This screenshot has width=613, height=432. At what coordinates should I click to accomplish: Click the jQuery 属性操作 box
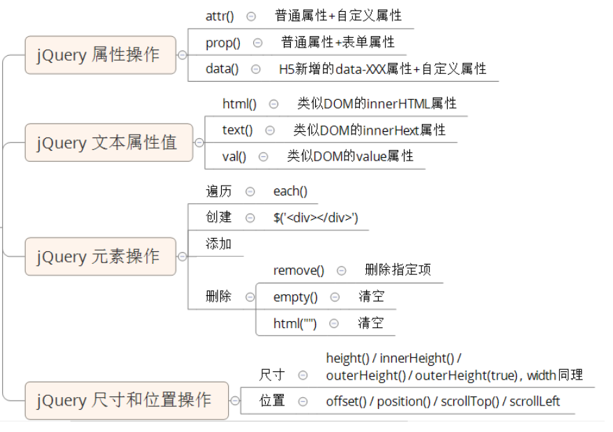pyautogui.click(x=100, y=55)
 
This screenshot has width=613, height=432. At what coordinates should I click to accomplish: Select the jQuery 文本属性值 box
pyautogui.click(x=108, y=143)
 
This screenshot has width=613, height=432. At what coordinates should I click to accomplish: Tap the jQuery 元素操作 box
pyautogui.click(x=100, y=256)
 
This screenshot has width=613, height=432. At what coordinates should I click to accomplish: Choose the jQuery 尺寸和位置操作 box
pyautogui.click(x=126, y=401)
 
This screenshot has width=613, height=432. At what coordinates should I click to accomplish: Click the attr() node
pyautogui.click(x=220, y=15)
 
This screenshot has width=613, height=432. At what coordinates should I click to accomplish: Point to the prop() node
pyautogui.click(x=222, y=43)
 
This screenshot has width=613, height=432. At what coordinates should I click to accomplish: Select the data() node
pyautogui.click(x=222, y=68)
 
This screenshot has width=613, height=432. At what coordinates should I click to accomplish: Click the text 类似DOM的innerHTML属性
pyautogui.click(x=377, y=103)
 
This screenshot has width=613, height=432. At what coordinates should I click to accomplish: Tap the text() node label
pyautogui.click(x=237, y=130)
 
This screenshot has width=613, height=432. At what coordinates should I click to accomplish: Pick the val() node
pyautogui.click(x=234, y=156)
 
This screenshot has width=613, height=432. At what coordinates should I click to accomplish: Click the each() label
pyautogui.click(x=290, y=191)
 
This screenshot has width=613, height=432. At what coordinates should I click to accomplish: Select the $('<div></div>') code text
pyautogui.click(x=315, y=218)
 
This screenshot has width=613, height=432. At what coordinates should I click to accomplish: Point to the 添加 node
pyautogui.click(x=218, y=244)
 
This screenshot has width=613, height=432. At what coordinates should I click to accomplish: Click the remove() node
pyautogui.click(x=298, y=270)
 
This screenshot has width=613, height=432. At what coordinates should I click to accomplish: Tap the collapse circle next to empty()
pyautogui.click(x=335, y=297)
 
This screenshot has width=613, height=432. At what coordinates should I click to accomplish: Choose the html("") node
pyautogui.click(x=295, y=324)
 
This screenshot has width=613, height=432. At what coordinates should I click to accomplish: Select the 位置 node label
pyautogui.click(x=272, y=401)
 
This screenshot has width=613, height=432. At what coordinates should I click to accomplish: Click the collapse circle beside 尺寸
pyautogui.click(x=303, y=375)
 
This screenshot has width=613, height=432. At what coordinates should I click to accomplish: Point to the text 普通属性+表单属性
pyautogui.click(x=338, y=43)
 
